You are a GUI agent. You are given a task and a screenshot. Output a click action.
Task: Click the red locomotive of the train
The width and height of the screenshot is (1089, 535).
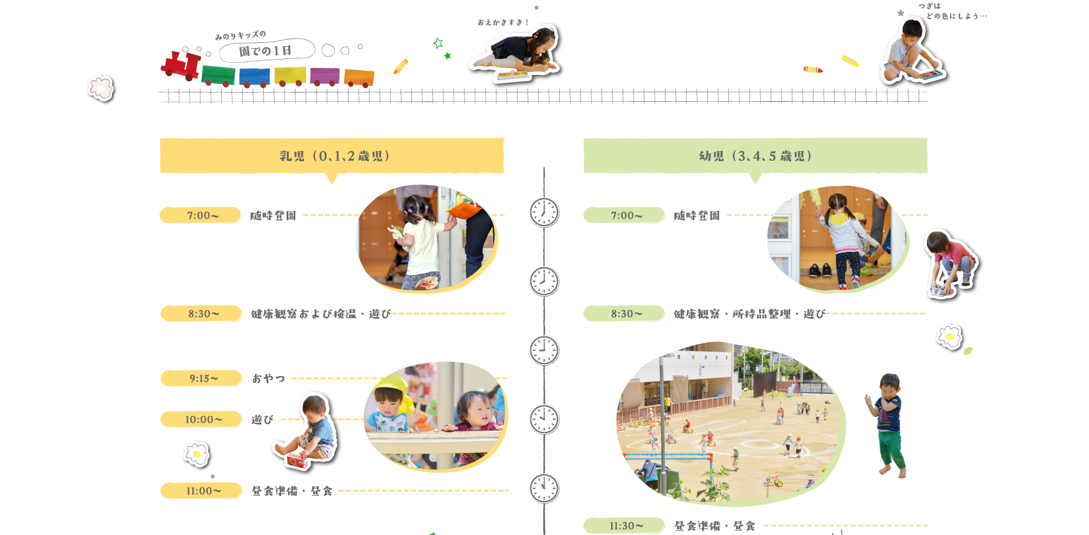(x=181, y=65)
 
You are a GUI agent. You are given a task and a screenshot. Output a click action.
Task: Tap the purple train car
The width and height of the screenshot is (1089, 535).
(x=325, y=76)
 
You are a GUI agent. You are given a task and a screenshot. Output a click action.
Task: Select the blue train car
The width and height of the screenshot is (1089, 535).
(x=254, y=77)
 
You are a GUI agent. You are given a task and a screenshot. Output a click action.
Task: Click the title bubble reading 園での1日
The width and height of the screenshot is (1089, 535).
(x=266, y=51)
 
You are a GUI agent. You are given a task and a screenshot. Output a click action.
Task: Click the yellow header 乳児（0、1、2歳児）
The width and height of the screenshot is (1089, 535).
(x=332, y=156)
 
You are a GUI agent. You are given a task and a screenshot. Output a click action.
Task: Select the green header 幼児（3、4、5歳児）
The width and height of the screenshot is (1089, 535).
(x=755, y=156)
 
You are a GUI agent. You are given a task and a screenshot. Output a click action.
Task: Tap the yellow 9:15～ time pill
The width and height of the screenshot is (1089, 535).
(x=201, y=379)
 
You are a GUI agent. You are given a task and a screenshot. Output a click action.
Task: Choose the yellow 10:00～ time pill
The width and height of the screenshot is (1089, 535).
(x=201, y=420)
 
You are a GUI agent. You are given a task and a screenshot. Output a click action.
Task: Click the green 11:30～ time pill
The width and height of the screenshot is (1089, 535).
(x=623, y=526)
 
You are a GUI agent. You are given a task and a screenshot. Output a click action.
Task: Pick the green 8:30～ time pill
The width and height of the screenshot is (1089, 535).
(x=623, y=314)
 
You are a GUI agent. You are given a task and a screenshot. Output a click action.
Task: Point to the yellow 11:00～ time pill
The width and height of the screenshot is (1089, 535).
(x=201, y=491)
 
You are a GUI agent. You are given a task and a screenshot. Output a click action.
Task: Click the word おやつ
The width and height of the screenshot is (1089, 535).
(x=268, y=379)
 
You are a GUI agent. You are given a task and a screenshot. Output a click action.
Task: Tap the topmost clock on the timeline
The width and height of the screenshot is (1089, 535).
(x=544, y=212)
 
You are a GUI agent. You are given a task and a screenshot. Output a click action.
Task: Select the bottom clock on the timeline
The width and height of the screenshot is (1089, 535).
(x=544, y=488)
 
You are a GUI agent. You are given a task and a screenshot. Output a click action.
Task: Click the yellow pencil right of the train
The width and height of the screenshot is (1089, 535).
(x=401, y=66)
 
